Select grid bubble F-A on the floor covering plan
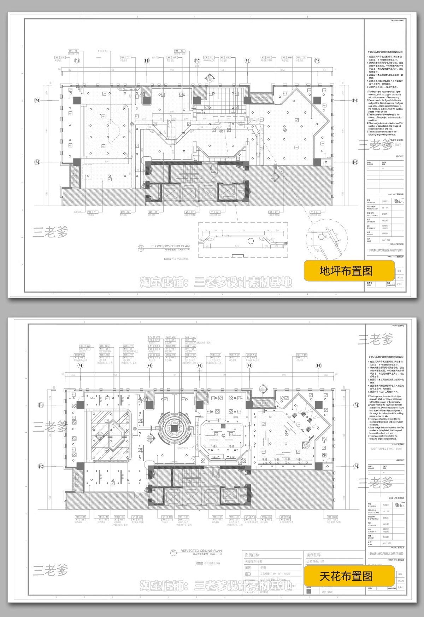tap(77, 61)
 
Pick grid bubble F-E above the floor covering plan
tap(317, 61)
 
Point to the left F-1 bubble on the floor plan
tap(37, 101)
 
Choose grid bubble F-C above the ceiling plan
tap(200, 366)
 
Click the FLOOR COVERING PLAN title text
tap(170, 246)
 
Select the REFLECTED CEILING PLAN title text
tap(201, 550)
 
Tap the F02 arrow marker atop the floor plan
tap(209, 77)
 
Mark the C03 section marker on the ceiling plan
tap(263, 388)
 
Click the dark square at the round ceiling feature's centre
tap(174, 427)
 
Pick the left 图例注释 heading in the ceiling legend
tap(252, 555)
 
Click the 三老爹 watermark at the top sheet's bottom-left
tap(50, 232)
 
